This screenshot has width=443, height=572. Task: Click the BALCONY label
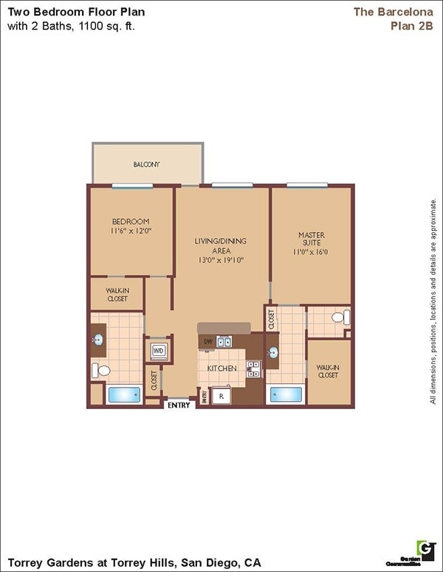click(x=146, y=164)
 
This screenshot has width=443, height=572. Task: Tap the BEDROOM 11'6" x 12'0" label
click(x=131, y=226)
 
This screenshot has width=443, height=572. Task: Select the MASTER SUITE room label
click(x=312, y=243)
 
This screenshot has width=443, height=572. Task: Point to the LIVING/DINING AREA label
click(x=220, y=250)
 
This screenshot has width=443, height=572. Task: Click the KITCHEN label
click(x=221, y=368)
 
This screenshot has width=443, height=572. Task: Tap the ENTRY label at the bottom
click(x=179, y=405)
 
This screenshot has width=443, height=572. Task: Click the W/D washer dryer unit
click(x=159, y=350)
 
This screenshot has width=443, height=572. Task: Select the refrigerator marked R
click(x=221, y=396)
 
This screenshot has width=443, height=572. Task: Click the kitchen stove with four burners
click(x=253, y=368)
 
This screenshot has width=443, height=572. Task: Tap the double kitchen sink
click(x=224, y=341)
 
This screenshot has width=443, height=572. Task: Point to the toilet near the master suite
click(x=339, y=318)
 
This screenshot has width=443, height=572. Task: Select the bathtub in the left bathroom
click(x=124, y=394)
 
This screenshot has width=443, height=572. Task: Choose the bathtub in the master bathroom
click(x=286, y=394)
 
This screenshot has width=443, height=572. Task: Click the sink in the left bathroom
click(x=97, y=340)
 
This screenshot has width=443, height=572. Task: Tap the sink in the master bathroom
click(x=272, y=352)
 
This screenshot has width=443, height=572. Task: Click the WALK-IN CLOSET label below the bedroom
click(x=117, y=295)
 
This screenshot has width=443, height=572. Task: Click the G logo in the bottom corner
click(x=426, y=548)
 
